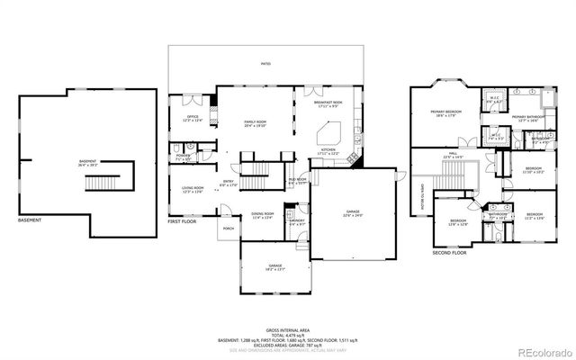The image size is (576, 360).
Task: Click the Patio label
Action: click(265, 64)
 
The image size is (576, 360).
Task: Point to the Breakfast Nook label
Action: click(328, 103)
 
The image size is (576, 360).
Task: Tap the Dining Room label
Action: click(262, 215)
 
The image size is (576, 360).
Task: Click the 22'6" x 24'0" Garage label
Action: click(352, 214)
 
